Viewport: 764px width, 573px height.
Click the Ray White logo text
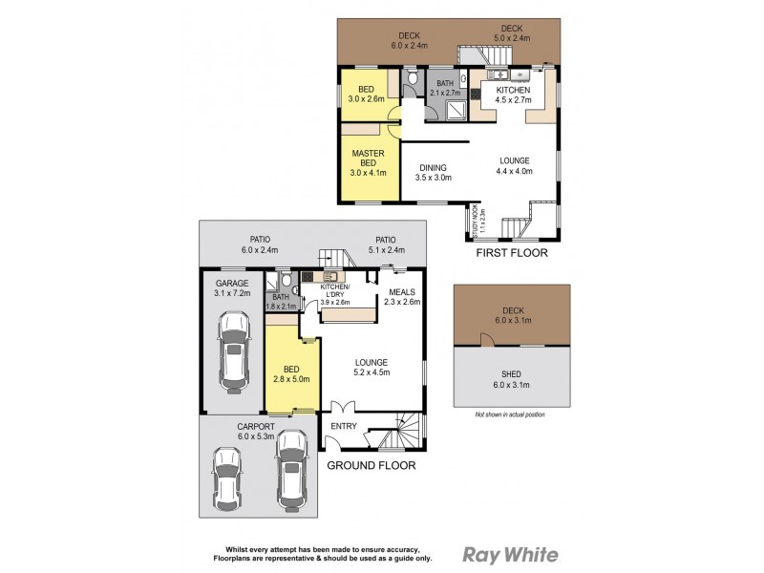(x=511, y=554)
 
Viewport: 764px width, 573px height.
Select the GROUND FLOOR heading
(x=371, y=465)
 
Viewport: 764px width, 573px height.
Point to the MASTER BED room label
(x=368, y=163)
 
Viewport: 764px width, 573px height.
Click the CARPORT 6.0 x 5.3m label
(x=256, y=432)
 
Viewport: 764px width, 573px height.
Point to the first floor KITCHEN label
(x=512, y=95)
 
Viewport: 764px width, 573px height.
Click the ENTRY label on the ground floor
(x=343, y=426)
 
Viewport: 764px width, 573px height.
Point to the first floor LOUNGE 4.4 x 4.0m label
(x=514, y=165)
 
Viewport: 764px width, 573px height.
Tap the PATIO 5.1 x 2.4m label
(x=386, y=245)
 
